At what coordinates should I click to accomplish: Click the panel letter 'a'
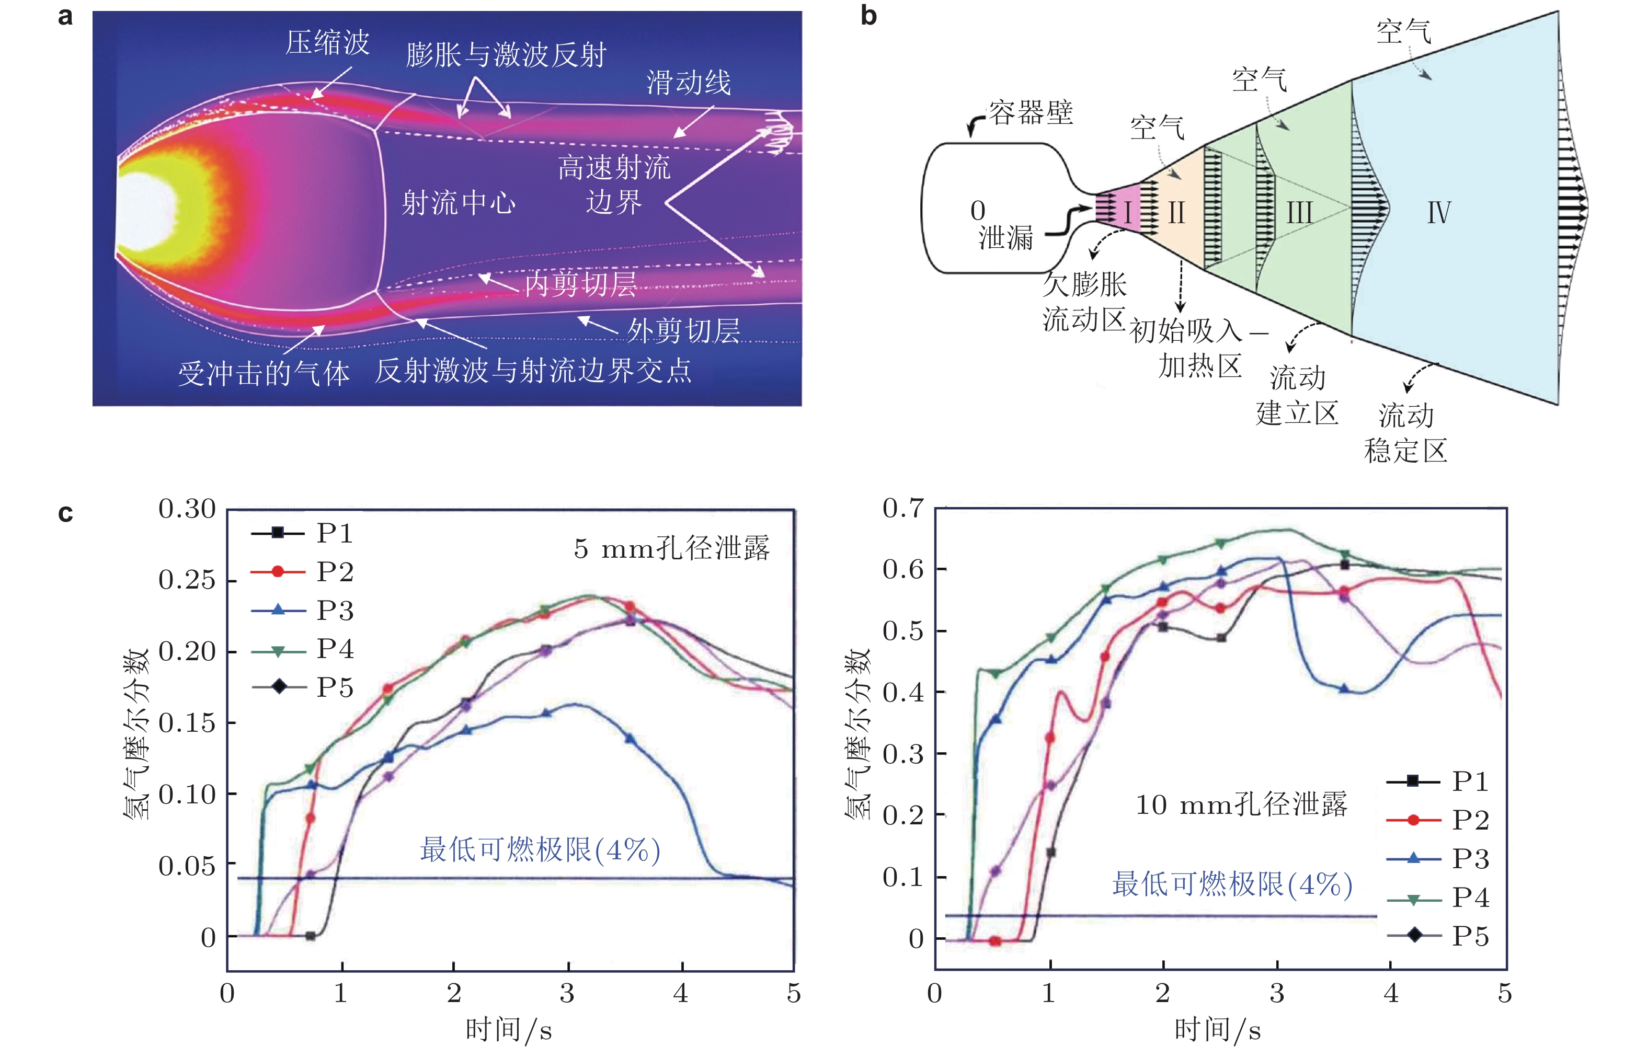point(65,17)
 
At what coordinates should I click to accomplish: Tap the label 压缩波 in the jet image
point(328,42)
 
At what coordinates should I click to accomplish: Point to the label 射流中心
point(459,203)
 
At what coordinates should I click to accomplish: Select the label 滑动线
point(689,83)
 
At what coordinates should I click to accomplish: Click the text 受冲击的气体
point(264,374)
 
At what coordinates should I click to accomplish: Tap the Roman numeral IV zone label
point(1439,213)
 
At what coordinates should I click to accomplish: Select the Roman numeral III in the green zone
point(1299,213)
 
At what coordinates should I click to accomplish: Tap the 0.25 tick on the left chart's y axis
point(187,581)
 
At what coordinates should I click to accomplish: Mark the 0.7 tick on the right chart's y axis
point(903,509)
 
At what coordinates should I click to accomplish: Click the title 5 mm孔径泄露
point(671,548)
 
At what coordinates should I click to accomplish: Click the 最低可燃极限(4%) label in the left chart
point(540,850)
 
